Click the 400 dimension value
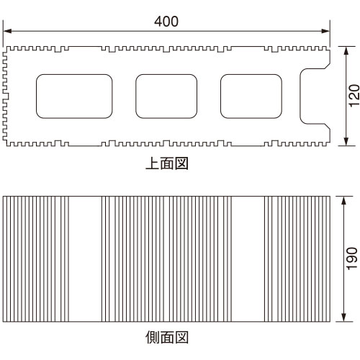[x=166, y=22]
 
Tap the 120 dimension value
[x=354, y=96]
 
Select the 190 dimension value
[x=352, y=258]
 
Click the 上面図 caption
[x=167, y=163]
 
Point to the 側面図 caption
[x=167, y=337]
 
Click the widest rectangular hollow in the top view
[x=74, y=96]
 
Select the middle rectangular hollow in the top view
[x=166, y=96]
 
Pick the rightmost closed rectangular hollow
[x=251, y=96]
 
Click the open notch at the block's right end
[x=300, y=96]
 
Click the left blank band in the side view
[x=85, y=259]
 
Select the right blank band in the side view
[x=248, y=259]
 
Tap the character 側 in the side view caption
[x=153, y=337]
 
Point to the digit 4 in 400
[x=158, y=22]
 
